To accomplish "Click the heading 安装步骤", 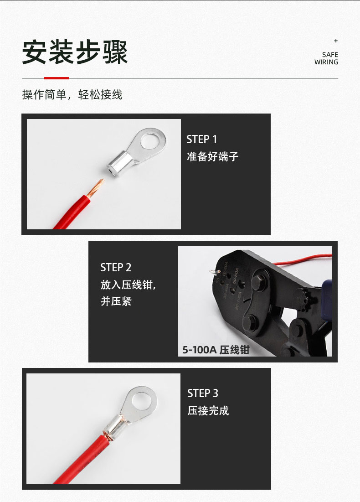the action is [75, 52].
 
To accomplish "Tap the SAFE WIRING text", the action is [326, 58].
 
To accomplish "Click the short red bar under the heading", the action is [57, 78].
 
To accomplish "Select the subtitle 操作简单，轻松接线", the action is [72, 95].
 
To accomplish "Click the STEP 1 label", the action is [201, 139].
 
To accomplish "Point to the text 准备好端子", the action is [212, 156].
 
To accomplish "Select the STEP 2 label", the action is [116, 267].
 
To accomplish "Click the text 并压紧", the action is [116, 301].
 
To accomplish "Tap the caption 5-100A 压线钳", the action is [216, 350].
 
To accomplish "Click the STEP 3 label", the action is [203, 393].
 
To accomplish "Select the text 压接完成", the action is [208, 410].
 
